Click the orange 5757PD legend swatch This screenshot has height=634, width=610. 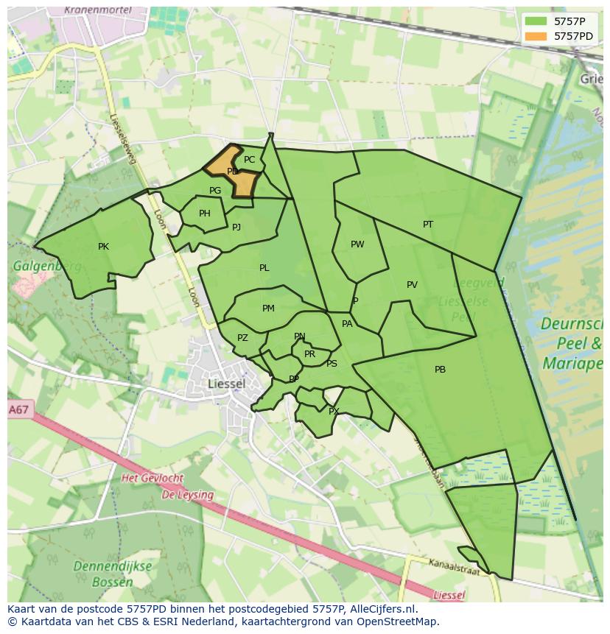point(536,35)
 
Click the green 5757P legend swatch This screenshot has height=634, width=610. point(536,21)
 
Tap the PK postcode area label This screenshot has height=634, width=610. point(103,247)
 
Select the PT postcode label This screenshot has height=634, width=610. point(428,225)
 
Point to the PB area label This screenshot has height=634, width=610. point(440,370)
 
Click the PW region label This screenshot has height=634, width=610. point(357,244)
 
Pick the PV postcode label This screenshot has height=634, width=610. point(412,285)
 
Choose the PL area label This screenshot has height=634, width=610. point(264,268)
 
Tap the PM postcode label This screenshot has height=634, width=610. point(268,309)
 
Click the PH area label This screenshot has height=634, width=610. point(205,214)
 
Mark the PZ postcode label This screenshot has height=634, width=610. point(242,338)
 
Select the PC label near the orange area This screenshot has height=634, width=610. point(249,160)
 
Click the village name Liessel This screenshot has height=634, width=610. point(226,384)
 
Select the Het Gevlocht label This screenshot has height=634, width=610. point(152,478)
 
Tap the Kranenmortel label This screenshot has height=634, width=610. point(97,10)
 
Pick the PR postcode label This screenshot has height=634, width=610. point(309,354)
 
